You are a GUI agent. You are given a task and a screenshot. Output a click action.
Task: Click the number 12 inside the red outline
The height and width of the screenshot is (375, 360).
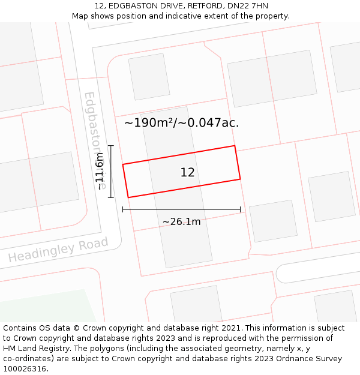coord(187,172)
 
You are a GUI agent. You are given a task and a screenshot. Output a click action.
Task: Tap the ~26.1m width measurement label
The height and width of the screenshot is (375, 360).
coord(181,221)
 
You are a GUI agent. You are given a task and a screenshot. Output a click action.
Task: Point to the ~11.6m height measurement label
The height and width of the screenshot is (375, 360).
coord(100,171)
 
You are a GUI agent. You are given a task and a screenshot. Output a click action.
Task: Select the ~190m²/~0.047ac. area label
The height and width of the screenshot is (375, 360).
coord(181,123)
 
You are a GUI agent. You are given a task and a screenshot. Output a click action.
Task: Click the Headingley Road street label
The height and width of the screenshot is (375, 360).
coord(58,250)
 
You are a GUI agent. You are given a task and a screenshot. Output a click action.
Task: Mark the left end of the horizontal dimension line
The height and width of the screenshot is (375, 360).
coord(123,209)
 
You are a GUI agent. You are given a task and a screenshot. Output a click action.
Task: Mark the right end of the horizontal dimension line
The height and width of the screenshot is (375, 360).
coord(240,209)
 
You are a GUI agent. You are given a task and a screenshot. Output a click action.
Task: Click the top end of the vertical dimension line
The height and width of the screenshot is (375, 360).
coord(111,146)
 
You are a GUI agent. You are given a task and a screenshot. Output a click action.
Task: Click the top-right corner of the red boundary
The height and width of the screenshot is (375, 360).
coord(234,146)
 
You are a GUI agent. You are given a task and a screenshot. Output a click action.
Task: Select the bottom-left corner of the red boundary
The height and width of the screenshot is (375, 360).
coord(128,197)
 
